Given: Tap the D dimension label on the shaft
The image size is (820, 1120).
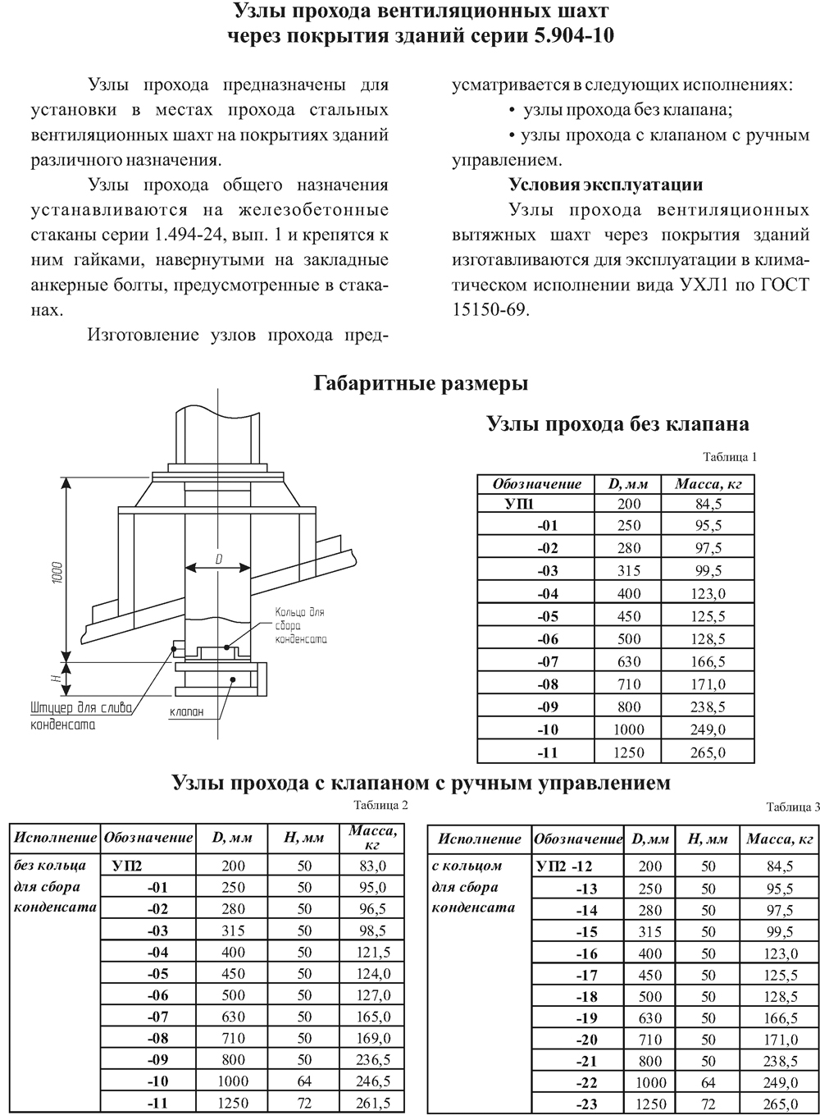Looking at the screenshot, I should (219, 558).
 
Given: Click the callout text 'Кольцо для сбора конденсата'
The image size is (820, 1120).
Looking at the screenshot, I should (299, 625).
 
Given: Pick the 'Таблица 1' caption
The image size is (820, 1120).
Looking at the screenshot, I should (730, 456).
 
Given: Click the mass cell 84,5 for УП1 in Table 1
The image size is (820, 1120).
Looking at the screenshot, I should (707, 503).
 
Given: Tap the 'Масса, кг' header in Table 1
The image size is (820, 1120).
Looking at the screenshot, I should (708, 484).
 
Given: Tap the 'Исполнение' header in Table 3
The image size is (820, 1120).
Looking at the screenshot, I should (480, 839).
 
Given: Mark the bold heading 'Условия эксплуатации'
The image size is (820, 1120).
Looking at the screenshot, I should (606, 184).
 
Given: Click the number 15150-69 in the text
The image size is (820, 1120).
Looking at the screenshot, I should (491, 309).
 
